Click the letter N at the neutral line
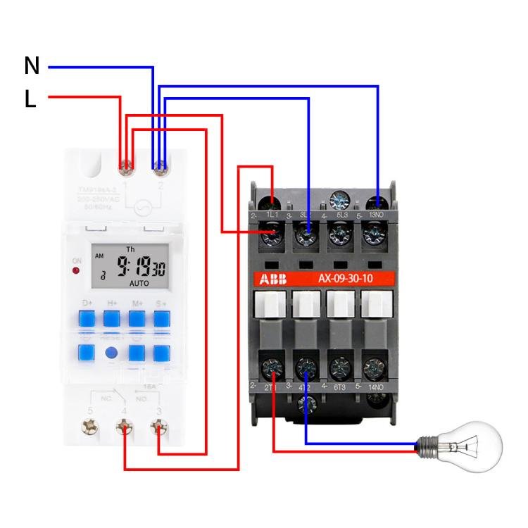32,66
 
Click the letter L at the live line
30,100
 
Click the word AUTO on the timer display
139,283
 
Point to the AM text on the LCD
99,256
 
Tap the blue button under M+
137,319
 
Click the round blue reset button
111,353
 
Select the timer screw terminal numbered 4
125,427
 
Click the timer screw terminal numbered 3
160,427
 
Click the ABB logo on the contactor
274,279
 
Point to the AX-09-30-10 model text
345,279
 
